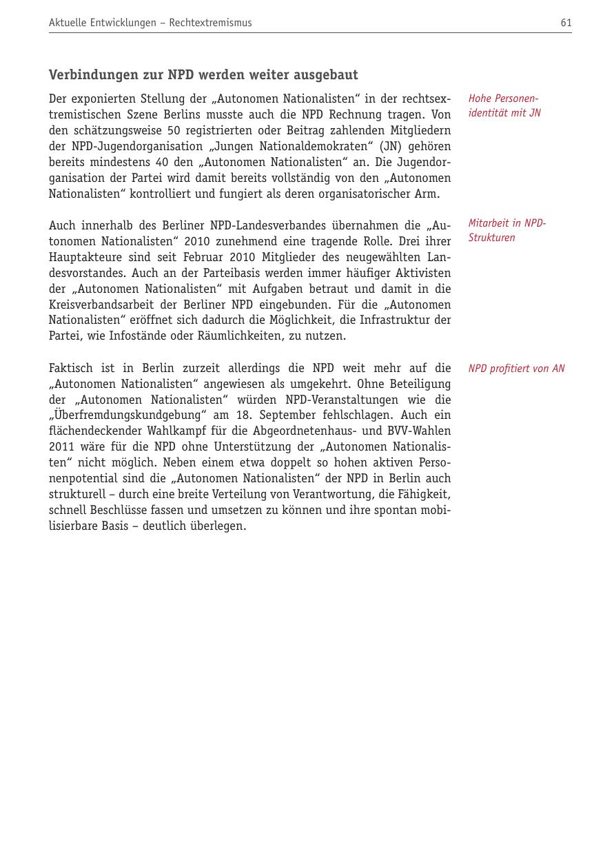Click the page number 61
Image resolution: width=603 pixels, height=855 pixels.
(566, 23)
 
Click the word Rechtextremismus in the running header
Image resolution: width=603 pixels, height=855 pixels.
(210, 23)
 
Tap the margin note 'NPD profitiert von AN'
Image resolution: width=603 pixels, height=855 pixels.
(516, 369)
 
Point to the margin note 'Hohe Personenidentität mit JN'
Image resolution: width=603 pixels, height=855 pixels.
(504, 105)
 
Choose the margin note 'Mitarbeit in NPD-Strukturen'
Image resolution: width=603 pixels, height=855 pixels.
(507, 230)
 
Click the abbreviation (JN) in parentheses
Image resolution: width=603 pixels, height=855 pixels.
(390, 146)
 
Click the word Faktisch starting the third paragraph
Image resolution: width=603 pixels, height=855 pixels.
(71, 368)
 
